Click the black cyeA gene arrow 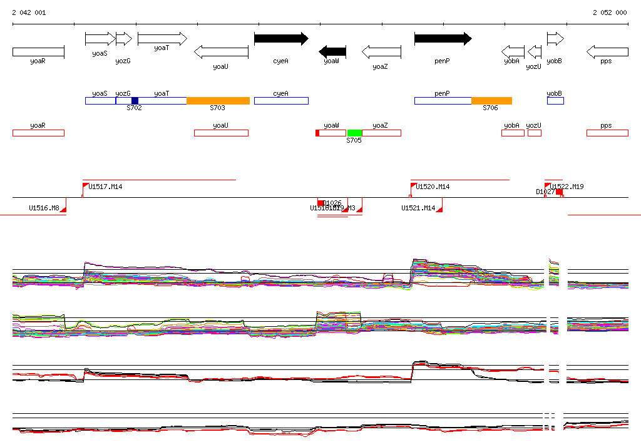click(280, 39)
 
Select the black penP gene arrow click(443, 39)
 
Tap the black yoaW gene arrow click(332, 51)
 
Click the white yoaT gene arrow click(162, 39)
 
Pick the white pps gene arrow click(607, 51)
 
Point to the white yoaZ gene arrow click(381, 51)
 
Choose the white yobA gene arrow click(513, 51)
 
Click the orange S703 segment click(218, 101)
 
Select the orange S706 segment click(491, 101)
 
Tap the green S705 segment click(354, 133)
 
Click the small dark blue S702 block click(135, 101)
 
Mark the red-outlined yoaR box click(38, 133)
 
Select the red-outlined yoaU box click(221, 133)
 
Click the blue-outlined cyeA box click(281, 101)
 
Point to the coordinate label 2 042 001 click(29, 13)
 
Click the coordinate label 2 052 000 click(609, 13)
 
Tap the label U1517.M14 click(105, 187)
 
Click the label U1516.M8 click(44, 208)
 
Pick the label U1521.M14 click(418, 208)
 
